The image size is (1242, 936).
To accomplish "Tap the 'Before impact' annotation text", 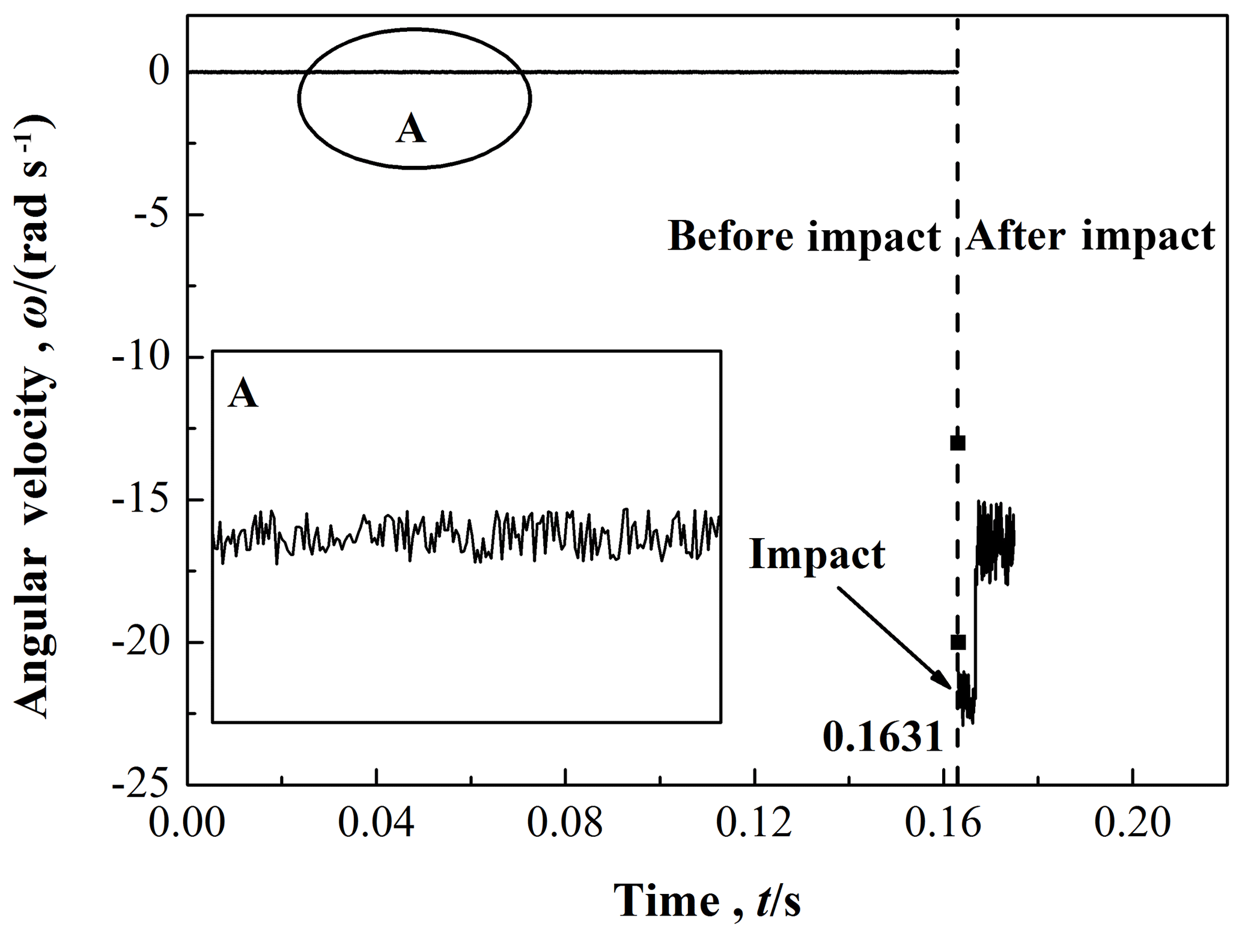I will coord(804,236).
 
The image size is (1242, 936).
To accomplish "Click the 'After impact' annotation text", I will coord(1090,236).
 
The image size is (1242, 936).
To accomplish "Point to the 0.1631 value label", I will coord(882,736).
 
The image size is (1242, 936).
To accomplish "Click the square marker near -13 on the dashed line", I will coord(958,443).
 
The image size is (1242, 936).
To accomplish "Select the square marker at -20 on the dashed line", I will coord(958,642).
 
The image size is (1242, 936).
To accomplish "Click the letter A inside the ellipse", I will coord(411,129).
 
